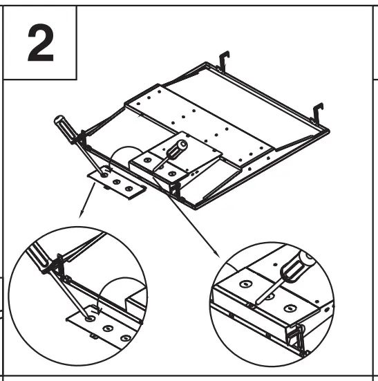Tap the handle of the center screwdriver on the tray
pyautogui.click(x=178, y=147)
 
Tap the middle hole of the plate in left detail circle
pyautogui.click(x=107, y=329)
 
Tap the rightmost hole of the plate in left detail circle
pyautogui.click(x=124, y=338)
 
